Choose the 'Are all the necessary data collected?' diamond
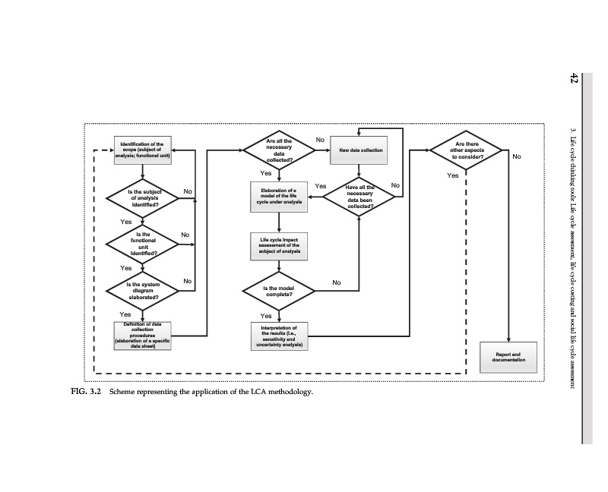click(x=280, y=150)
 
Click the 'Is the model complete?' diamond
click(x=279, y=291)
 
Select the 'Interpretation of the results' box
click(x=279, y=335)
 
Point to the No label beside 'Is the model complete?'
click(x=336, y=283)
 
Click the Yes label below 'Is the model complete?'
click(x=266, y=316)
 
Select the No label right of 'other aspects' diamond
click(x=517, y=157)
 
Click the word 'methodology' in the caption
click(x=288, y=393)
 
